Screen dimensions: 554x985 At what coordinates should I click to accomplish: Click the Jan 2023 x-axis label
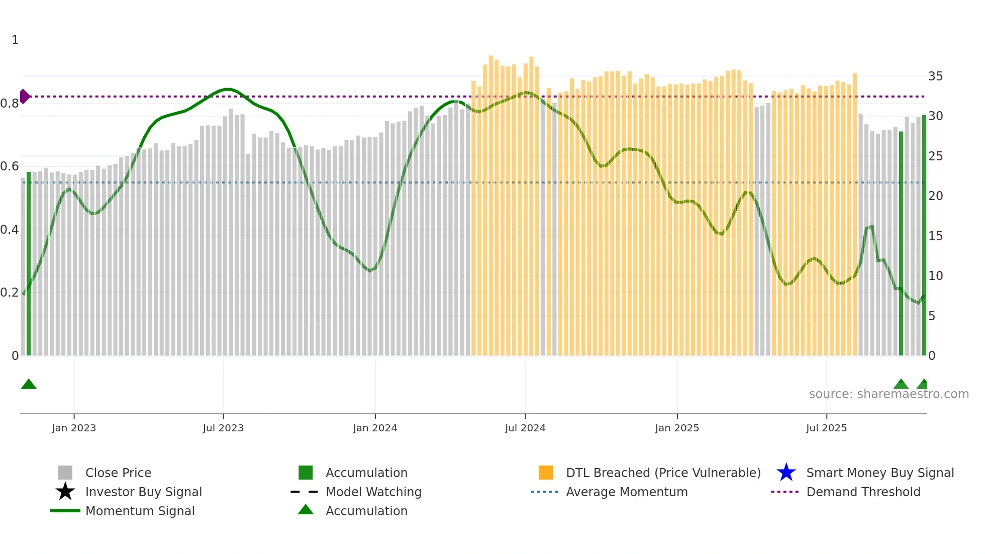coord(73,428)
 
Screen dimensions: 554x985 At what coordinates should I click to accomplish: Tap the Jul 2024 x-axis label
coord(525,428)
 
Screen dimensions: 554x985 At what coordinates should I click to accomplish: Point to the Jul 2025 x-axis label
coord(826,428)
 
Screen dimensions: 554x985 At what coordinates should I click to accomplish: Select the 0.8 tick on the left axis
coord(10,104)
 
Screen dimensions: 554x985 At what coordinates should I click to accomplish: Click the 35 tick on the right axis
coord(935,76)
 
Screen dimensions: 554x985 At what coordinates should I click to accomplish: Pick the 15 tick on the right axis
coord(935,236)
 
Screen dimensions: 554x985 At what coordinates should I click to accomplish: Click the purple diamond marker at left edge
coord(25,96)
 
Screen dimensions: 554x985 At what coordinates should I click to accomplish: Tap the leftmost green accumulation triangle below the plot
coord(29,385)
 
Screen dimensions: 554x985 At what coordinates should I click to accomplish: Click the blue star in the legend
coord(786,473)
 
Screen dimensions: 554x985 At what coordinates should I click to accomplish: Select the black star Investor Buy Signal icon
coord(65,492)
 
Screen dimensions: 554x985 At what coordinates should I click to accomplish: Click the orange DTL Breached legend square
coord(546,473)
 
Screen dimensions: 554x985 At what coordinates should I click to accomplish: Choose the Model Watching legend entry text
coord(373,492)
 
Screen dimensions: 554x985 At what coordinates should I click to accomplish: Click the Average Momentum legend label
coord(627,492)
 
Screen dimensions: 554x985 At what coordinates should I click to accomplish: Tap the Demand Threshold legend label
coord(863,492)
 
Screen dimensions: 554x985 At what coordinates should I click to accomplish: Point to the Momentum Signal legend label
coord(140,511)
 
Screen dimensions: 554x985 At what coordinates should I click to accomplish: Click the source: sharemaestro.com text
coord(889,394)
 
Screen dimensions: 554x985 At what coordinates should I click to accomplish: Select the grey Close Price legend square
coord(65,473)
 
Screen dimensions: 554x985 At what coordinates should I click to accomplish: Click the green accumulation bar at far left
coord(29,263)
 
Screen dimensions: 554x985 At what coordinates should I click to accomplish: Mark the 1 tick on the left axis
coord(15,40)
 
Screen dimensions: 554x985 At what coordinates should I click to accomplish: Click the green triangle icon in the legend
coord(306,510)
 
